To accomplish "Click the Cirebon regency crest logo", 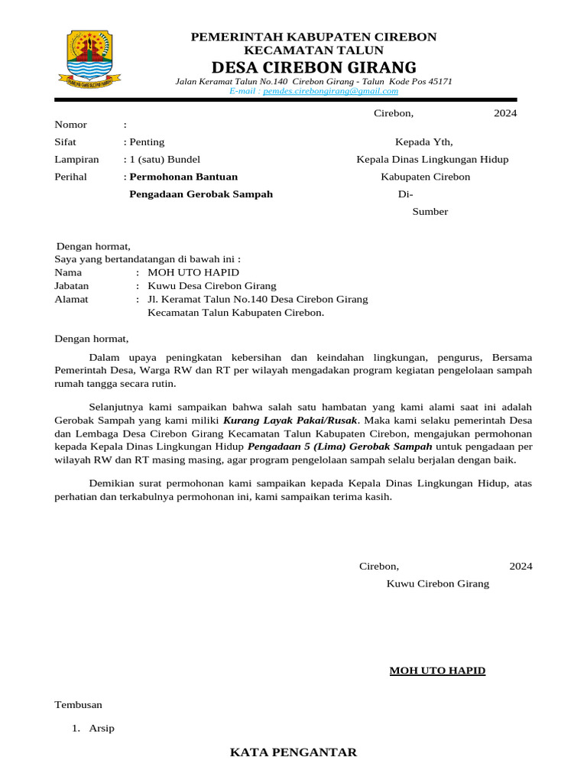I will (85, 58).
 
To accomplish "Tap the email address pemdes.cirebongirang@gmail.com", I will (330, 90).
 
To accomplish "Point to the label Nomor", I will (70, 125).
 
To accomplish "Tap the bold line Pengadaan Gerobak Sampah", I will (201, 194).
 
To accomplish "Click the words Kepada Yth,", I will (423, 142).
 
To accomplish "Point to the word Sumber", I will (430, 212).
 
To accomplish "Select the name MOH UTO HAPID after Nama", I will (193, 272).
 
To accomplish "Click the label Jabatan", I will (72, 286).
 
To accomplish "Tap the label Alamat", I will (71, 300).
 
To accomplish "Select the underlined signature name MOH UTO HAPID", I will (437, 671).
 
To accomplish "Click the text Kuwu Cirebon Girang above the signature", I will (437, 583).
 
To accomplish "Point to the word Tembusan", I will (78, 704).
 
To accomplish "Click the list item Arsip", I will (102, 728).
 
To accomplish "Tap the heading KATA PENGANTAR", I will (293, 752).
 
